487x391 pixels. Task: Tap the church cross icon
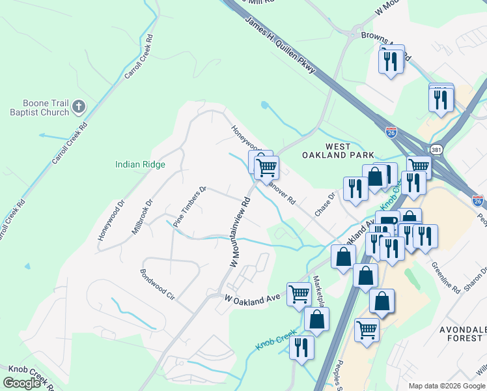coord(79,106)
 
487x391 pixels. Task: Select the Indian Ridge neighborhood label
coord(140,165)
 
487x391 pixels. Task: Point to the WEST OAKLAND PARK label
coord(338,151)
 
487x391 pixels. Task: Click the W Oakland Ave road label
coord(252,299)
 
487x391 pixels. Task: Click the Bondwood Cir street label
coord(158,282)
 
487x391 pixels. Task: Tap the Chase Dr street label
coord(324,205)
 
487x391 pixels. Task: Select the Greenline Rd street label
coord(446,278)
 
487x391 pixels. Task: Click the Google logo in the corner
coord(21,383)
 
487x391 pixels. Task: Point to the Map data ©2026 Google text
coord(446,386)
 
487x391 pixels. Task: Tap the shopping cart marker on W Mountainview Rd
coord(266,167)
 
